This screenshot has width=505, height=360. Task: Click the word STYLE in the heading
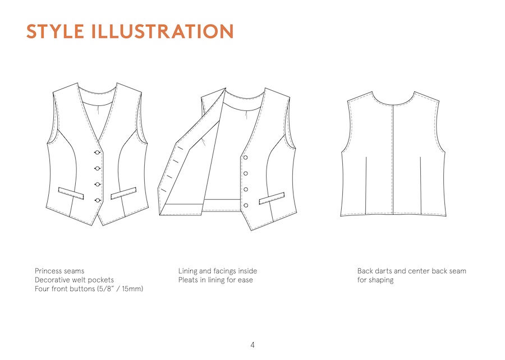(55, 31)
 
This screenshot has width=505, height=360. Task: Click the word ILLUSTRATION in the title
(162, 31)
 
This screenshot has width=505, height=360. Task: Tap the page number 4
(252, 345)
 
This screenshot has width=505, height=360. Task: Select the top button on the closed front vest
(98, 152)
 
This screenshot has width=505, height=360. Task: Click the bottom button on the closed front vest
(98, 200)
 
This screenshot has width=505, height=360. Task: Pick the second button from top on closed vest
(98, 168)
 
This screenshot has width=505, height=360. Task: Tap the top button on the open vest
(245, 158)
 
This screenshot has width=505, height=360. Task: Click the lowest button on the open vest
(246, 205)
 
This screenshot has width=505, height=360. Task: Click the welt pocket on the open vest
(272, 198)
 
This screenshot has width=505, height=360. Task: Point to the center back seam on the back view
(393, 160)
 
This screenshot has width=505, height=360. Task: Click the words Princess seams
(59, 271)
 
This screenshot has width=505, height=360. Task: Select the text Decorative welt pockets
(74, 280)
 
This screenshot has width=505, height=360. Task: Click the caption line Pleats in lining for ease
(215, 280)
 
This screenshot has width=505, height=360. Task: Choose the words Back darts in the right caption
(374, 271)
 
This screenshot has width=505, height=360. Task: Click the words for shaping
(375, 280)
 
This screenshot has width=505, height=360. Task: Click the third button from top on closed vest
(98, 184)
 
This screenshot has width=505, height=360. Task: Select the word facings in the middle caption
(224, 271)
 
